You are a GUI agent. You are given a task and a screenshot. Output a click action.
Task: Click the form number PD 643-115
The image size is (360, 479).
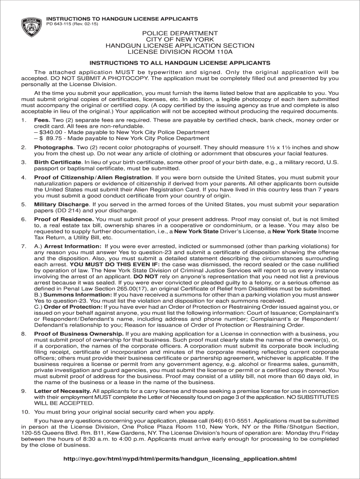click(62, 24)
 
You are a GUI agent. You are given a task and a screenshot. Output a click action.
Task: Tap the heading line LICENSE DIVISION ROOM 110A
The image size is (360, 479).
click(180, 52)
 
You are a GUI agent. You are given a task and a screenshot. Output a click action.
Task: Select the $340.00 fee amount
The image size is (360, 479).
click(50, 132)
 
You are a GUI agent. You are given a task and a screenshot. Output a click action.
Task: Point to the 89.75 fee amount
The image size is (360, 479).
click(55, 138)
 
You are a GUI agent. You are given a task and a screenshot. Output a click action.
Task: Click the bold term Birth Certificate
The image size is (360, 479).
click(58, 162)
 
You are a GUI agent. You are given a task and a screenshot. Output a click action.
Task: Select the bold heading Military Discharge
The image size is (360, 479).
click(61, 204)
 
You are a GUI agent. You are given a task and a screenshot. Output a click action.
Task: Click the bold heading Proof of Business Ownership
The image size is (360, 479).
click(78, 334)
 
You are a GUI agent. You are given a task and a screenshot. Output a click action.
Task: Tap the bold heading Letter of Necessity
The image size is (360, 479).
click(63, 391)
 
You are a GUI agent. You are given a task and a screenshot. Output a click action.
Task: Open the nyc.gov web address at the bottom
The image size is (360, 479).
click(180, 458)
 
